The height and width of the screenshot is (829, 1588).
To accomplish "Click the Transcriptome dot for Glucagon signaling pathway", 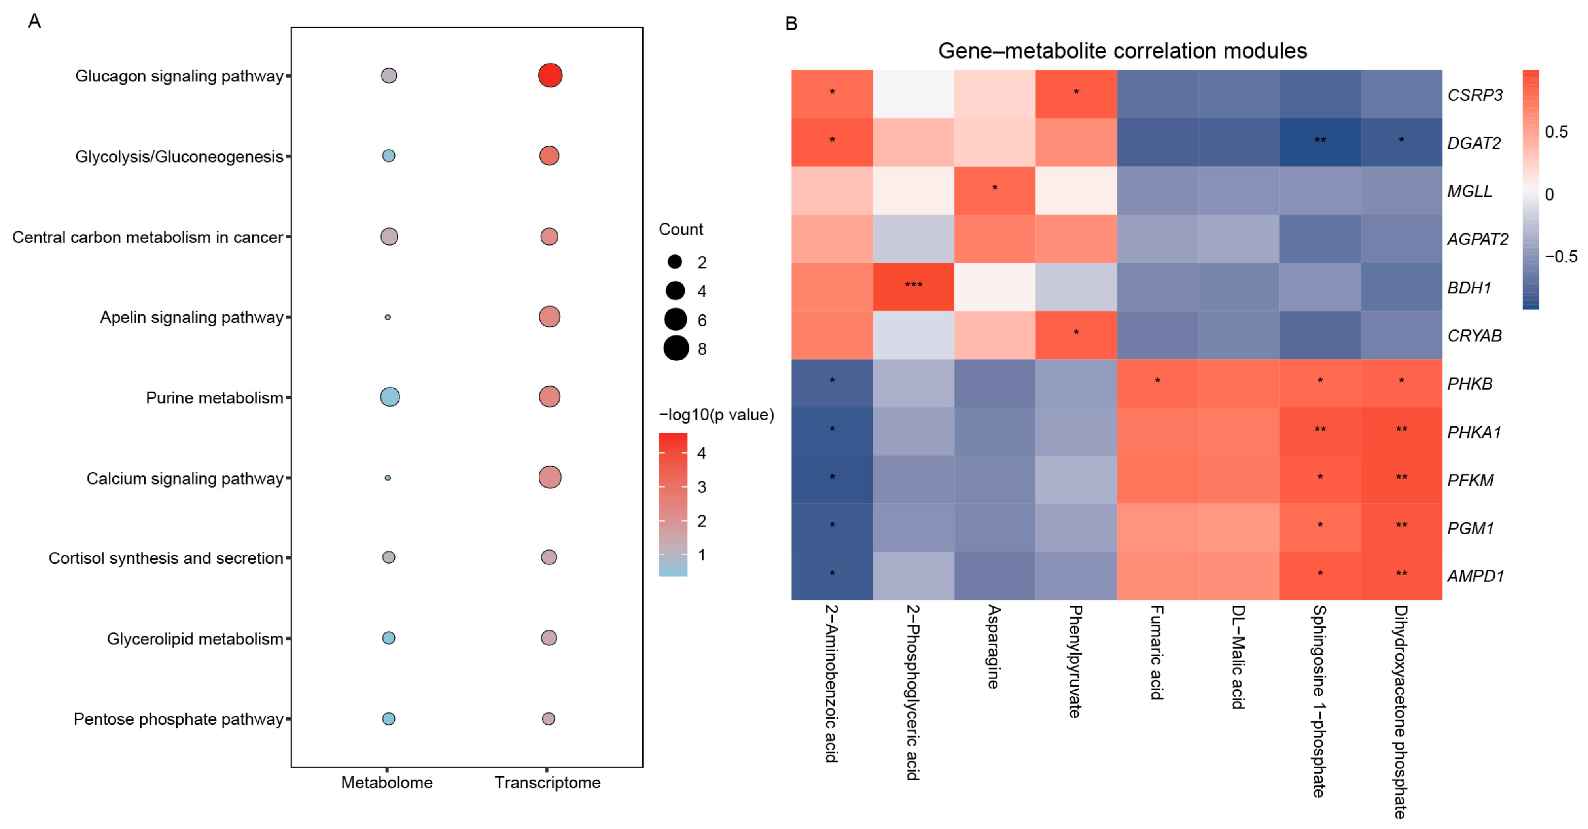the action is point(550,75).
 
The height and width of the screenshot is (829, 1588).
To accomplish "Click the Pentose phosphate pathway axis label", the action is point(178,719).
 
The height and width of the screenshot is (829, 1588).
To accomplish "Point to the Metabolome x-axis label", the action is point(387,783).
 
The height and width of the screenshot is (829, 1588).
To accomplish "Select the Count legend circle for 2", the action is point(675,262).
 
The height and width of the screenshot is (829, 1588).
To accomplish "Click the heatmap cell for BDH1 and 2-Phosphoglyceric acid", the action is point(913,287).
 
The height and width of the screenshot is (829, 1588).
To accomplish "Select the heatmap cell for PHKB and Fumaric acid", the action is point(1157,383).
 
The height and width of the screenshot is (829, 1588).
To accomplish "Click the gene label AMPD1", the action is point(1476,576).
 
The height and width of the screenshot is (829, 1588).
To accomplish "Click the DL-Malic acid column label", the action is point(1238,657).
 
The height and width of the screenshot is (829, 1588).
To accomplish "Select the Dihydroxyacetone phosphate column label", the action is point(1401,712).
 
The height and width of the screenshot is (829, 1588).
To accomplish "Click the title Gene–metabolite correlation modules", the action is point(1122,51).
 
